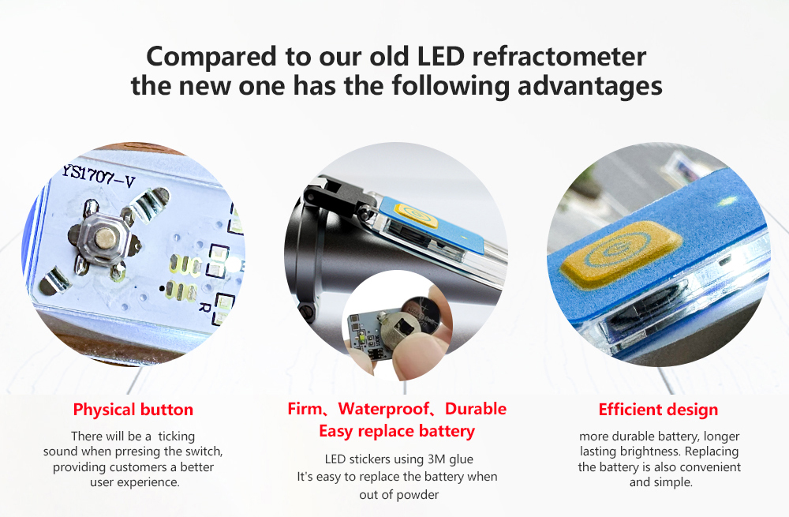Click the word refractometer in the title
click(x=559, y=56)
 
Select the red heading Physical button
click(x=133, y=410)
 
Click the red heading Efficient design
click(x=658, y=410)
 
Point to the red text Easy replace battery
click(x=397, y=432)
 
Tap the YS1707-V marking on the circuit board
click(x=99, y=176)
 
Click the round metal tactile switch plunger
click(x=105, y=238)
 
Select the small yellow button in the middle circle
click(x=416, y=215)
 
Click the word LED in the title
click(x=441, y=56)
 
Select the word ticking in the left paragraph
click(x=177, y=436)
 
